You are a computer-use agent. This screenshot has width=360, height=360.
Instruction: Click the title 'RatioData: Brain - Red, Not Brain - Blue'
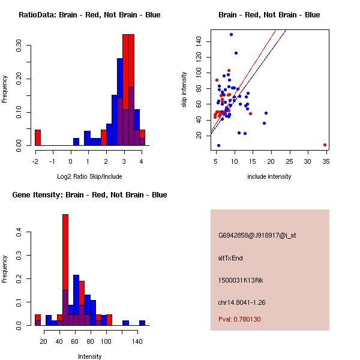89,15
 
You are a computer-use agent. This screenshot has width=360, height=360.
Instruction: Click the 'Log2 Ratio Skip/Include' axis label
89,176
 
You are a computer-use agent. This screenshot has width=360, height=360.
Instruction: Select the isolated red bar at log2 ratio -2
37,137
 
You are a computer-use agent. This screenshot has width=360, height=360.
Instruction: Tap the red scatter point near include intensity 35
325,145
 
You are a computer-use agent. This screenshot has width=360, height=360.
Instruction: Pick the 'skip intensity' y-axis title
184,90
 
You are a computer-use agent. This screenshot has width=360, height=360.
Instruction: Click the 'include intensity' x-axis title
269,176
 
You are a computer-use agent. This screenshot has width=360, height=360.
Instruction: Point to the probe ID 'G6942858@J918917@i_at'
257,235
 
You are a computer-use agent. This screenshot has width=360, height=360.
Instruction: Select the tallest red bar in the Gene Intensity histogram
65,270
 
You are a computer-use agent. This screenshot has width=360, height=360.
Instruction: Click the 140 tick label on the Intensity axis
137,341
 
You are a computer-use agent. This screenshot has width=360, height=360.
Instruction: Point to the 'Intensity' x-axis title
89,356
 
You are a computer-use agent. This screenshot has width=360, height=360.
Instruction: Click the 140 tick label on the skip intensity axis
197,41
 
